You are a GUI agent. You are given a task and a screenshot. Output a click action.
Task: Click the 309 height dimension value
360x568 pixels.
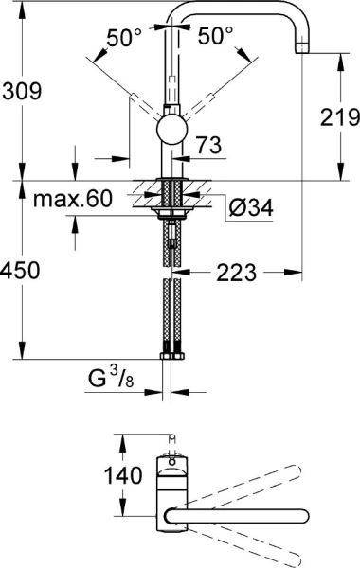[x=21, y=91]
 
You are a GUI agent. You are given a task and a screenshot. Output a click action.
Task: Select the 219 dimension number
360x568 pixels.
[x=339, y=118]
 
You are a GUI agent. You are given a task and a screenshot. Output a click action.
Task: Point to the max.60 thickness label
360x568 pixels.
[x=71, y=201]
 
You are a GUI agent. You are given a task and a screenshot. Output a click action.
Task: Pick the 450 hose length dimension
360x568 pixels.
[x=21, y=271]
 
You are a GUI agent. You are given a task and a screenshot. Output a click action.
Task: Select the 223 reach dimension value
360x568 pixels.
[x=236, y=273]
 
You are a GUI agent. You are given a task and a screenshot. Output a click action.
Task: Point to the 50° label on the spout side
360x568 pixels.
[x=216, y=36]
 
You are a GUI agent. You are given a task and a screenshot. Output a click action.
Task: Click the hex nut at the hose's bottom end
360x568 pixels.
[x=171, y=358]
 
